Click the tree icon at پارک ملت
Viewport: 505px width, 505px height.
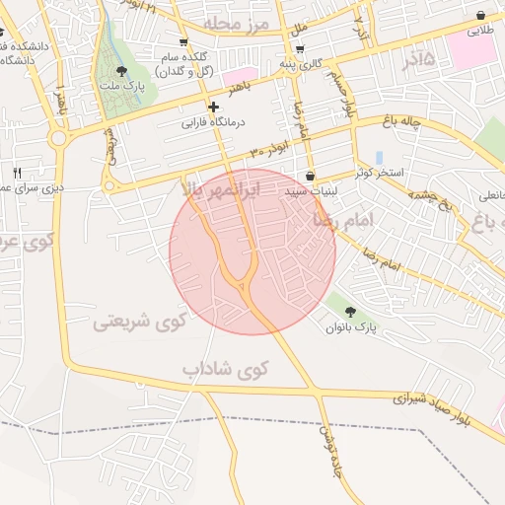point(121,71)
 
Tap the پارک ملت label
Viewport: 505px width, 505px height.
point(120,86)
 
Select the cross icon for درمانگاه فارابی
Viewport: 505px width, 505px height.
point(213,107)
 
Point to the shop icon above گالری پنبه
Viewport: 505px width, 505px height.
point(299,48)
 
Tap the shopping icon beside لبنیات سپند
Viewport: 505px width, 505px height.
point(311,177)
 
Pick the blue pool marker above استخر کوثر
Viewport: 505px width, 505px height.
point(380,158)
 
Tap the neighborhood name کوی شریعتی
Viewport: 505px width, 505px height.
point(139,322)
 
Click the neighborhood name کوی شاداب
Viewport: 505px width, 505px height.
point(225,369)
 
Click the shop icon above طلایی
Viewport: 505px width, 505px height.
point(480,16)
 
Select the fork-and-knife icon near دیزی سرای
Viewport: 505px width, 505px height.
point(17,173)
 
